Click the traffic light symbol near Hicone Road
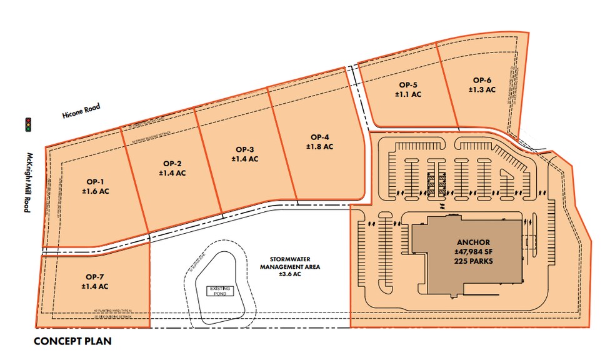coord(27,124)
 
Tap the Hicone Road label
coord(81,111)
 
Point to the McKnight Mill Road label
coord(27,181)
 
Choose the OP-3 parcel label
coord(244,149)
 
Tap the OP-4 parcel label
coord(319,137)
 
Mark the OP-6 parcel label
coord(482,80)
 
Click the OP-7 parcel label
coord(95,276)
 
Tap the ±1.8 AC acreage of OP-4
coord(319,146)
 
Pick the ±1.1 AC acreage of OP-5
coord(407,94)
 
